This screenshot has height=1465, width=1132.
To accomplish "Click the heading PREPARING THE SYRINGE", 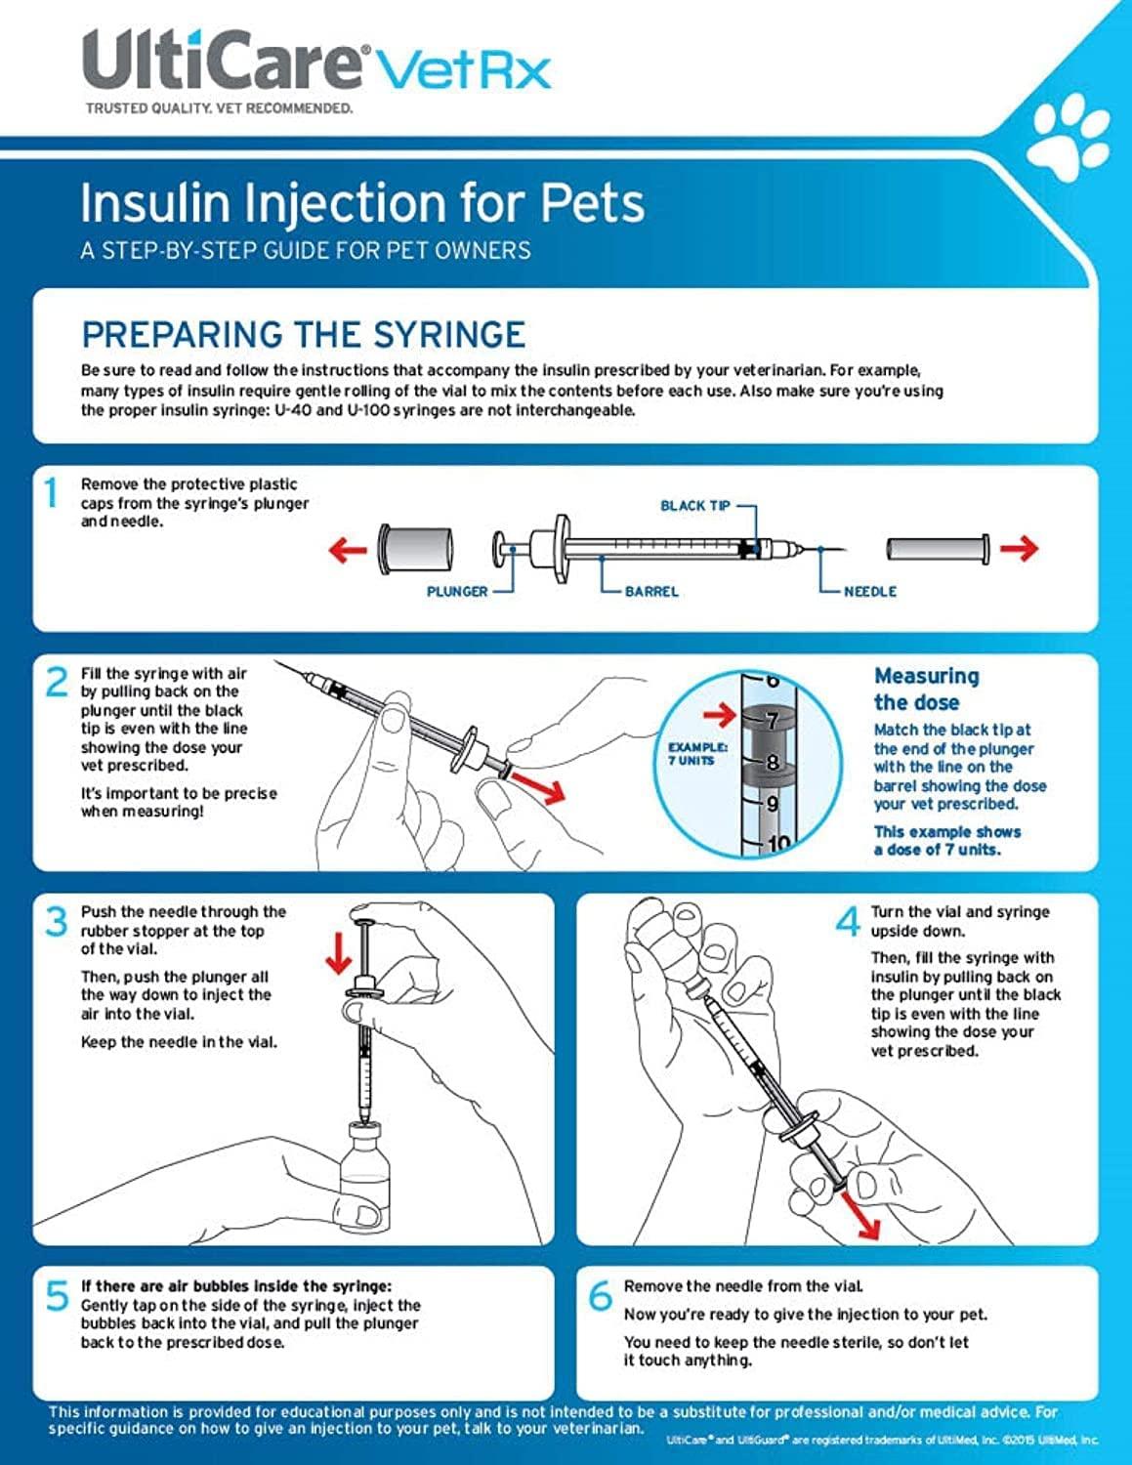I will click(x=303, y=335).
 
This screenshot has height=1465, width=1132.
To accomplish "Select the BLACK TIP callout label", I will click(x=694, y=505).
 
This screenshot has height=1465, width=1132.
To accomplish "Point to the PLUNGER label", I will click(x=456, y=591).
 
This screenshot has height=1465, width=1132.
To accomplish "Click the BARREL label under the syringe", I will click(x=651, y=591).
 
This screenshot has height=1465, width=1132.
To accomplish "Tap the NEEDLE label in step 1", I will click(x=869, y=591).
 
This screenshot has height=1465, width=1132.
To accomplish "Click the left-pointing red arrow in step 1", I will click(x=347, y=550).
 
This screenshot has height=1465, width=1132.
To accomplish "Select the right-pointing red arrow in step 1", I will click(x=1018, y=549).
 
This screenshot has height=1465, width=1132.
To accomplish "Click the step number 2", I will click(x=57, y=682).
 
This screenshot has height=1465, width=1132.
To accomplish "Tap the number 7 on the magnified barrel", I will click(x=772, y=722).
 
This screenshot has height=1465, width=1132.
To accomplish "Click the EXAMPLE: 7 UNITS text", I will click(x=697, y=753).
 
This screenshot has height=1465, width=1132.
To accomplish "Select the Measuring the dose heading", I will click(x=925, y=689).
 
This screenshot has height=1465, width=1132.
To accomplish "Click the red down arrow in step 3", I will click(x=338, y=953).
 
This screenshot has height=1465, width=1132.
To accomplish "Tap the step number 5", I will click(x=57, y=1296).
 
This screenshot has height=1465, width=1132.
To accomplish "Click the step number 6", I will click(x=600, y=1296).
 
